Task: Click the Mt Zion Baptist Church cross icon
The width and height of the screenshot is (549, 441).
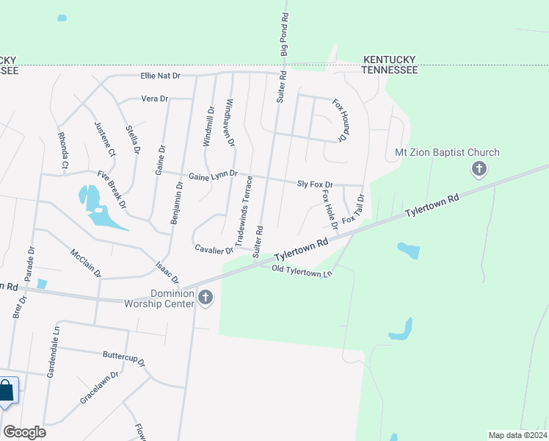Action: coord(479,170)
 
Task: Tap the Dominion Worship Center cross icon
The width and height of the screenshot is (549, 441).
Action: coord(206,298)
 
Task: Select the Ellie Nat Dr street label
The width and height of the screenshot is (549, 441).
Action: coord(160,76)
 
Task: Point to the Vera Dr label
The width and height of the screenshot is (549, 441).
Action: coord(154,98)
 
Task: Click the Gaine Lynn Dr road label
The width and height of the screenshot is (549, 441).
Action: coord(213,175)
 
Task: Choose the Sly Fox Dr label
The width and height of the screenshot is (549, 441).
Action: coord(315,184)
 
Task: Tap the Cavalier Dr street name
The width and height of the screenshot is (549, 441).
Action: coord(214,250)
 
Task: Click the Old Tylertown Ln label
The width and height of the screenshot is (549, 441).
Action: coord(302,270)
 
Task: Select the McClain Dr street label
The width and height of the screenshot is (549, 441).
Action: coord(86,262)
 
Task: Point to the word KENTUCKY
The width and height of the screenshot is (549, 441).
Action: coord(391,59)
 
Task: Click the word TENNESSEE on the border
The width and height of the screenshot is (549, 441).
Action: coord(390,70)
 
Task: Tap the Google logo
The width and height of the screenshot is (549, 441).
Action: coord(24,432)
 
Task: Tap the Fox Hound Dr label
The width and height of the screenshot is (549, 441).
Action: coord(338,121)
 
